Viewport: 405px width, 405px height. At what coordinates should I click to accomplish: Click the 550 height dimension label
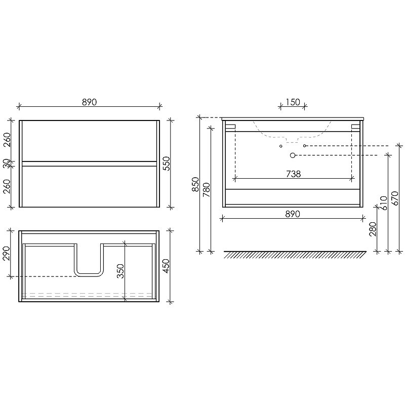[167, 163]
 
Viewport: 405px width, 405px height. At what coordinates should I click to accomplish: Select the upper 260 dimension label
[7, 140]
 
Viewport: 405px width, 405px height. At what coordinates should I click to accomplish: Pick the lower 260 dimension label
[7, 186]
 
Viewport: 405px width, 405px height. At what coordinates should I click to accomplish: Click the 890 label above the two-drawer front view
[90, 102]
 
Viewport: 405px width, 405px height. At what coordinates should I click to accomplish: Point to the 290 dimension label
[6, 254]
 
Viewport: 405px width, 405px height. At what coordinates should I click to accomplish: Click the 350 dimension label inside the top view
[120, 271]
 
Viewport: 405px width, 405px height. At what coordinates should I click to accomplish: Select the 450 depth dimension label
[166, 266]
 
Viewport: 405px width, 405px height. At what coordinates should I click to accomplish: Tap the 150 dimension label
[293, 102]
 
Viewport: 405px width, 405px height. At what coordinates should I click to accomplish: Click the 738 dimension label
[294, 174]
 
